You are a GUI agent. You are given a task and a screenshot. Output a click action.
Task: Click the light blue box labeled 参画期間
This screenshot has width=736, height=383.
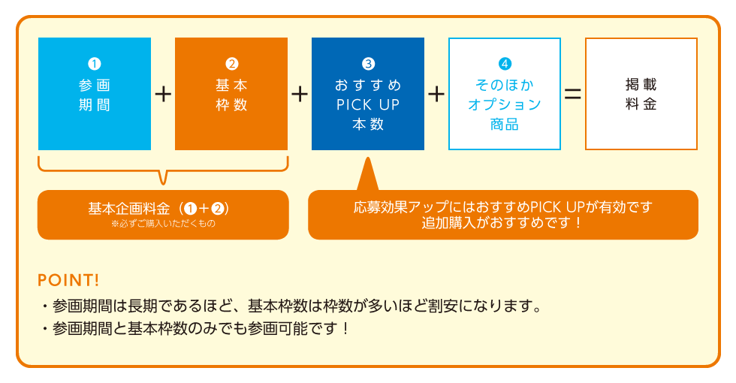pos(95,94)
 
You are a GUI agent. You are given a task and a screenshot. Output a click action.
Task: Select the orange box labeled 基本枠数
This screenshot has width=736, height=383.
pos(231,94)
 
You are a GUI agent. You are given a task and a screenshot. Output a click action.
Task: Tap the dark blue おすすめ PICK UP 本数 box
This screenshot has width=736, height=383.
pos(368,94)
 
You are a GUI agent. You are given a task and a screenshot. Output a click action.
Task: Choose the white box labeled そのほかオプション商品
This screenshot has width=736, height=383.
pos(505,94)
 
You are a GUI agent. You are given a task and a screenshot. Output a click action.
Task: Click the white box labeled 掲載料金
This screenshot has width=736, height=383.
pos(641,94)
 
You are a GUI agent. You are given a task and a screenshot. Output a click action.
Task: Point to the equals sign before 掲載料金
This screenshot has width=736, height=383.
pos(572,95)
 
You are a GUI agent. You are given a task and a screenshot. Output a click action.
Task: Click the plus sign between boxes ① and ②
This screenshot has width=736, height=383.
pos(163,95)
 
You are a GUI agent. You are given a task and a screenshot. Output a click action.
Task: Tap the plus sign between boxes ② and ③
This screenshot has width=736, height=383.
pos(300,95)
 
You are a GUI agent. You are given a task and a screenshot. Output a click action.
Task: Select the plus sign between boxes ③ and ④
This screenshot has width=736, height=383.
pos(436,95)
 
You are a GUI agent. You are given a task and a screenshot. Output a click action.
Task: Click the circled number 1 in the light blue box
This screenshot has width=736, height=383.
pos(95,63)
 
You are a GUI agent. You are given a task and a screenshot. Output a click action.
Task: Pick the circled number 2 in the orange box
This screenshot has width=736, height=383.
pos(231,63)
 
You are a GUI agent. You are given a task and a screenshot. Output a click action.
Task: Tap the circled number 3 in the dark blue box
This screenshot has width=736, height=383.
pos(368,63)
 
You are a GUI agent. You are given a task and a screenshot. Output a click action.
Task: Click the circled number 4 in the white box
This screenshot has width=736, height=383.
pos(505,63)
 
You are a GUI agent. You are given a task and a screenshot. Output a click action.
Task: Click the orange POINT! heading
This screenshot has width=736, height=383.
pos(68,280)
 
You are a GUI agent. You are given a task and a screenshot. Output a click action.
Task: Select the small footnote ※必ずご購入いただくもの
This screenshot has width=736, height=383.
pos(164,224)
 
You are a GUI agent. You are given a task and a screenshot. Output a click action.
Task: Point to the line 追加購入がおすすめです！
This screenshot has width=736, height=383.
pos(502,222)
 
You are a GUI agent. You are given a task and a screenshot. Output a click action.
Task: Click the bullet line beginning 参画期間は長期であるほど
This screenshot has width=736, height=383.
pos(292,306)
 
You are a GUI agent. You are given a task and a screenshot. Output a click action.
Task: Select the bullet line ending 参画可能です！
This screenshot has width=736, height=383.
pos(195,329)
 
